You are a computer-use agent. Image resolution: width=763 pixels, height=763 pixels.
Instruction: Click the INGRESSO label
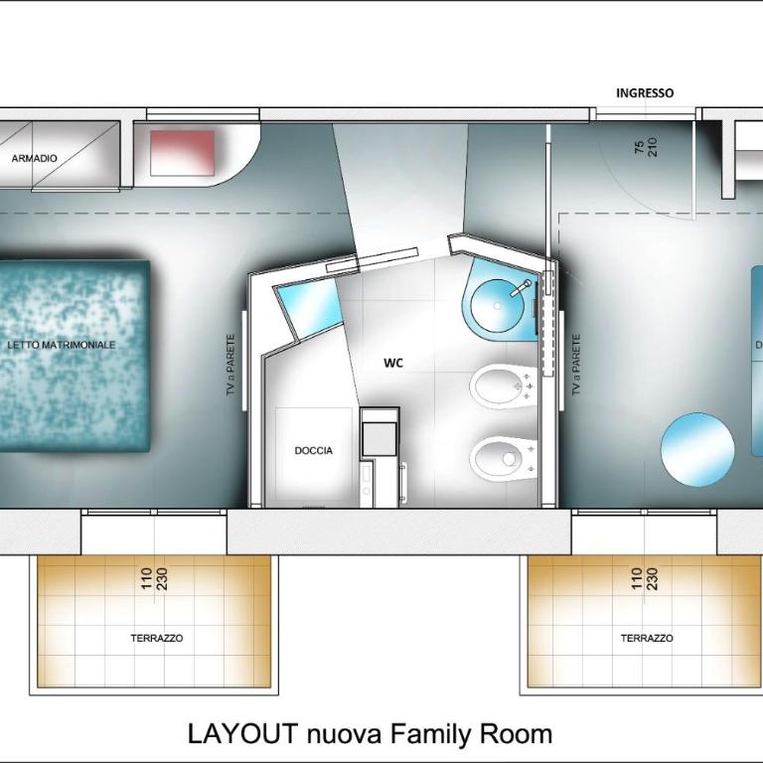(x=645, y=93)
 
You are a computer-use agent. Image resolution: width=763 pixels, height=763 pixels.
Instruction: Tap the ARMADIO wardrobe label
(x=34, y=158)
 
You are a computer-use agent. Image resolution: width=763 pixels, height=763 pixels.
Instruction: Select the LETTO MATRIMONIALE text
(x=62, y=345)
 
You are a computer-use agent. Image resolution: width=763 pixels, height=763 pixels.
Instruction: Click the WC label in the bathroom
(x=393, y=363)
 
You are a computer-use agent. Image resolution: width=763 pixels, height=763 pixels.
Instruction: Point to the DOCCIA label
(x=314, y=451)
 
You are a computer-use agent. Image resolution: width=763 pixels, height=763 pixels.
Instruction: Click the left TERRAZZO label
(x=157, y=638)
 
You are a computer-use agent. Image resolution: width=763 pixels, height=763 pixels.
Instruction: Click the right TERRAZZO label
(x=647, y=638)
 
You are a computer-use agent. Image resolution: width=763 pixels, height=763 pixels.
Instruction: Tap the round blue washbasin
(x=498, y=306)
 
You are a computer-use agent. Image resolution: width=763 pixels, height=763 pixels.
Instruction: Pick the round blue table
(x=697, y=449)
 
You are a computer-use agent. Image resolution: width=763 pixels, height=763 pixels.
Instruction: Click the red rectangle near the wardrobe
(x=183, y=153)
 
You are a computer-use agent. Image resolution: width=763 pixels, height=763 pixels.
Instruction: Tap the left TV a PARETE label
(x=231, y=365)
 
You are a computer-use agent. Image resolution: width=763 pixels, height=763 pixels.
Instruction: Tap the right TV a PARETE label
(x=576, y=365)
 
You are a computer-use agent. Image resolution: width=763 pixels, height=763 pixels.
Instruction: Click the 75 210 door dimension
(x=646, y=147)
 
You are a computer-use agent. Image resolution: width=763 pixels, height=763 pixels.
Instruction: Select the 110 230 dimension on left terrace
(x=155, y=578)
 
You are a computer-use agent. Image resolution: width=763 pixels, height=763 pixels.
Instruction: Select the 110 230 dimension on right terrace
(x=644, y=578)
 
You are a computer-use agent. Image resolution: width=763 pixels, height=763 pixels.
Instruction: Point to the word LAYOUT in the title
(x=243, y=733)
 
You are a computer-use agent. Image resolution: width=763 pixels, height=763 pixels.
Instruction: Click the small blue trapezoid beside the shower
(x=308, y=310)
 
